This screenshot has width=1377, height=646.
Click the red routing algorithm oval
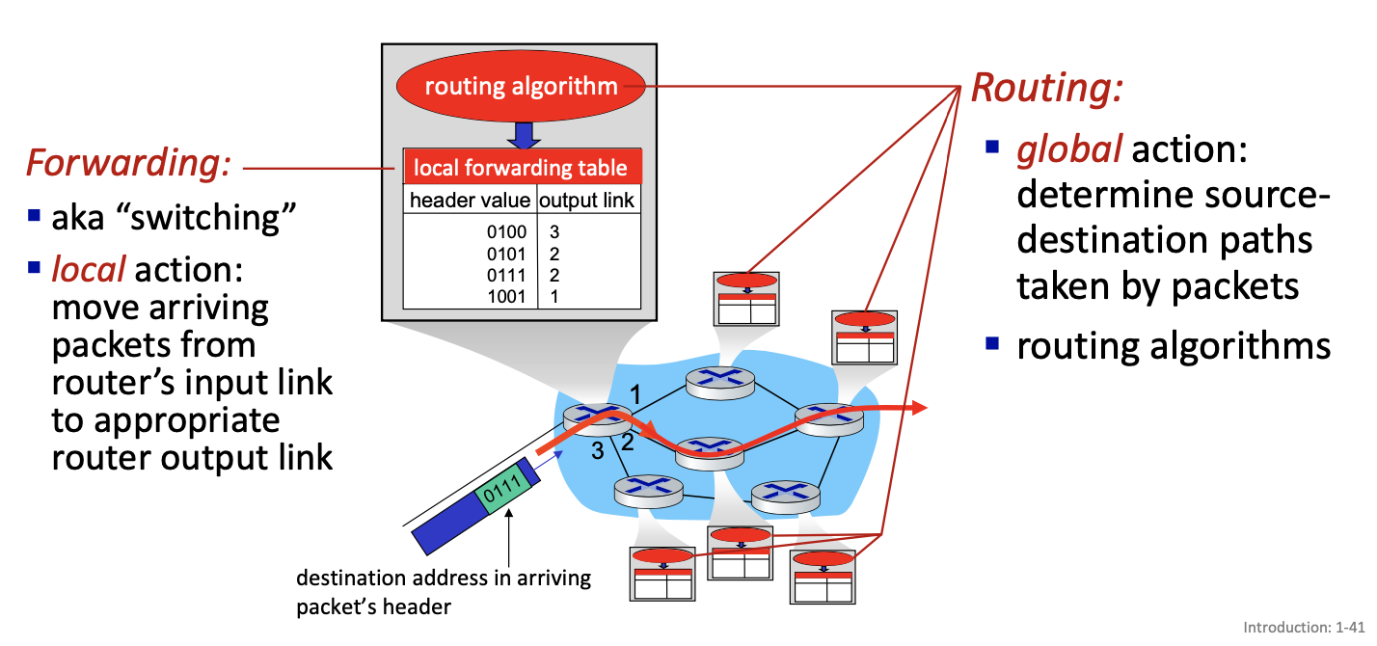[521, 87]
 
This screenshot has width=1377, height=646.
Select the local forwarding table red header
[521, 168]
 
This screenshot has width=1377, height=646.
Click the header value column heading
[470, 201]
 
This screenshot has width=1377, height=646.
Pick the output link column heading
[586, 201]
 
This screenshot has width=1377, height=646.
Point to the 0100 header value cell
[507, 232]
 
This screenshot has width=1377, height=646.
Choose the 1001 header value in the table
[507, 297]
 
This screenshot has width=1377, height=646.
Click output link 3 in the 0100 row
[554, 232]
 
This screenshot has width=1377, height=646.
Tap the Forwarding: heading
[128, 163]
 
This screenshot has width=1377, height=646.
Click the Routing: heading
[1047, 88]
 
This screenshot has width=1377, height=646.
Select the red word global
[1068, 150]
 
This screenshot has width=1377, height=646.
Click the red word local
[89, 269]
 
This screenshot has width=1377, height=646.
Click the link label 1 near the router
[635, 393]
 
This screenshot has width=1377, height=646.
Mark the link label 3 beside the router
[597, 449]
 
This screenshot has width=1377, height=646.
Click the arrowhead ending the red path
[917, 408]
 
